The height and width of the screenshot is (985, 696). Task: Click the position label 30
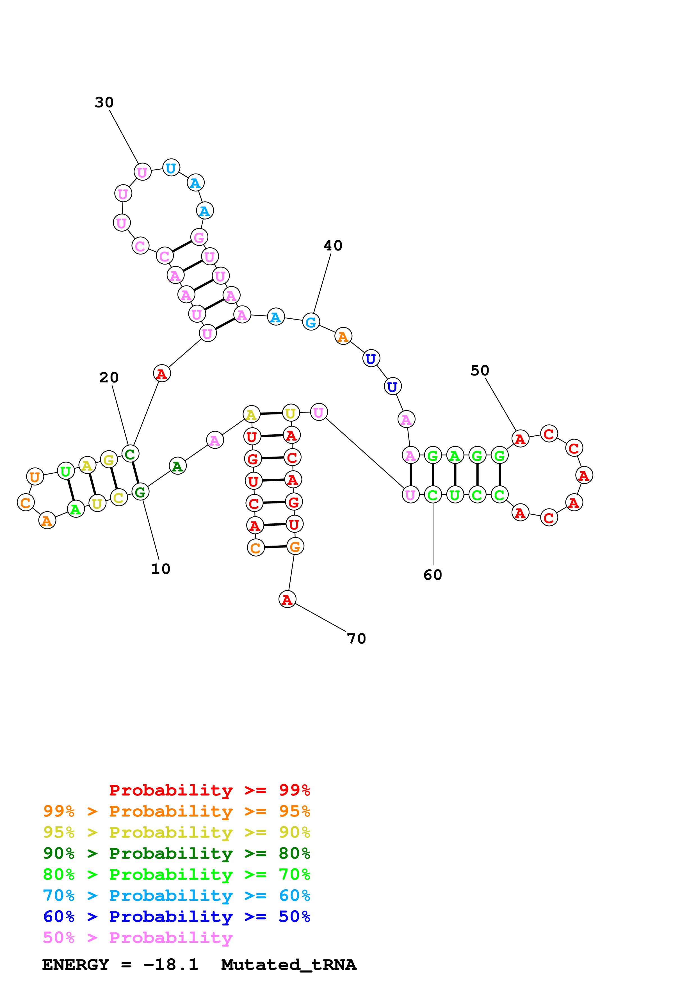104,102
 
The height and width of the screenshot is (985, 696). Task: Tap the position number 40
333,246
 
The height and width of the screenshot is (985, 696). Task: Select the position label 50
480,371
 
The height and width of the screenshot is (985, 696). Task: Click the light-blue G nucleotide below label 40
311,322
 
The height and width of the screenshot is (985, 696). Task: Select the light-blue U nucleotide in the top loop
171,168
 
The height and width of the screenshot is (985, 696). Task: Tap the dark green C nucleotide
130,453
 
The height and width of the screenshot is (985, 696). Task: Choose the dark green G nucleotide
140,492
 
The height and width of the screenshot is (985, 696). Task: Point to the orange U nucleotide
35,476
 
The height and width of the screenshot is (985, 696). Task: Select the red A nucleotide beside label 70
287,599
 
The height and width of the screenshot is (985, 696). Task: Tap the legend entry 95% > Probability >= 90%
176,832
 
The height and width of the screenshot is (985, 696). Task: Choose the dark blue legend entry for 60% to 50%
176,916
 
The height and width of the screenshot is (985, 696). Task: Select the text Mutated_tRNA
289,965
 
